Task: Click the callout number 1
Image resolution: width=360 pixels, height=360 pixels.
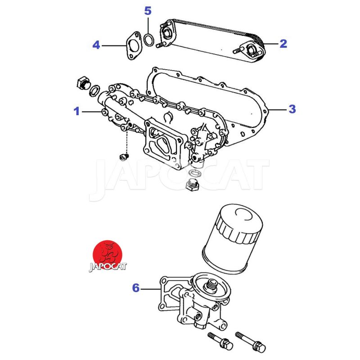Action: click(x=77, y=111)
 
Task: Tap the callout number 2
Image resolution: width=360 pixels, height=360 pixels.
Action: click(x=283, y=44)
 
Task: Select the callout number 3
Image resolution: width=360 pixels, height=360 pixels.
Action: click(x=292, y=108)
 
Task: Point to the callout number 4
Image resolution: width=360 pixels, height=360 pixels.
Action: click(x=96, y=45)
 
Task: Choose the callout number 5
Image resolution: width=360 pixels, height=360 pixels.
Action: click(x=148, y=11)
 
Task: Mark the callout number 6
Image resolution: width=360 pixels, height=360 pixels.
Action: click(x=135, y=288)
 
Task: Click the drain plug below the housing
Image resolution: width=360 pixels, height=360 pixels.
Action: click(x=192, y=185)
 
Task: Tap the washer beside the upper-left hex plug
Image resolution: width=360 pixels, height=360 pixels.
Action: click(x=95, y=92)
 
